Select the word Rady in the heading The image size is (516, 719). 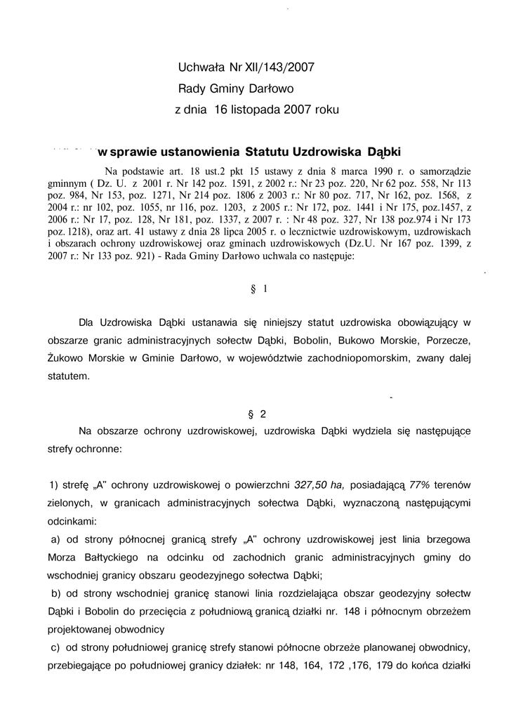[191, 89]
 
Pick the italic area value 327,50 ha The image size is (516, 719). [319, 485]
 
